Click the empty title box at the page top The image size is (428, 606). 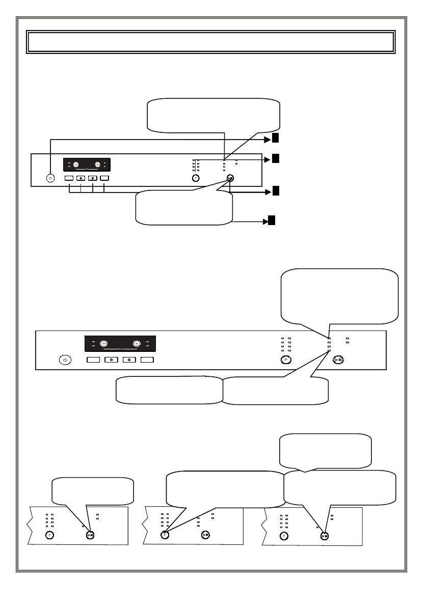[x=210, y=42]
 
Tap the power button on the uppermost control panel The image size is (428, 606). [x=50, y=178]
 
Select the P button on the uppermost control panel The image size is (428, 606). [x=196, y=178]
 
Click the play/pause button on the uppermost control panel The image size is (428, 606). [x=230, y=178]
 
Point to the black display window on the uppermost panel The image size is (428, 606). [x=87, y=164]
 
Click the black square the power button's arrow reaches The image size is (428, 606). [x=275, y=138]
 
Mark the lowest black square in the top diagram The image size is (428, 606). [x=272, y=221]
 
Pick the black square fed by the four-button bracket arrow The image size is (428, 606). [x=275, y=190]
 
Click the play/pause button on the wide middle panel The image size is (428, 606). [x=338, y=360]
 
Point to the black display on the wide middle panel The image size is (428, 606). [x=120, y=344]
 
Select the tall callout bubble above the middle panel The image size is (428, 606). [x=339, y=296]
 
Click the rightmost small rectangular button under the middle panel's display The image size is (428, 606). [x=148, y=360]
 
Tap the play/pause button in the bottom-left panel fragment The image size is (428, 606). [x=90, y=535]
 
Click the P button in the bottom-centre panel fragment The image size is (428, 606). [x=165, y=535]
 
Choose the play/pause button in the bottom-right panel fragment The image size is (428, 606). [x=325, y=535]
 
